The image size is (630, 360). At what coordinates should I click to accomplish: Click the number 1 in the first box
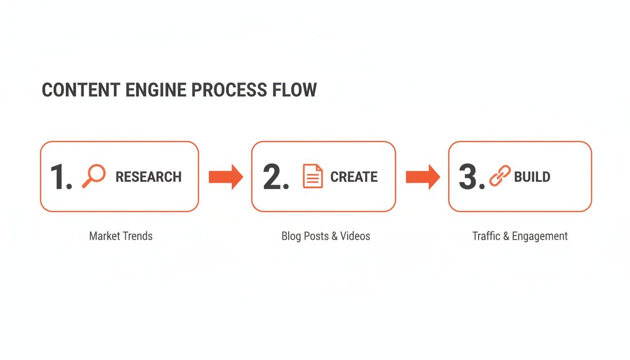60,177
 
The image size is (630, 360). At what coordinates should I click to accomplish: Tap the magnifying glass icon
94,176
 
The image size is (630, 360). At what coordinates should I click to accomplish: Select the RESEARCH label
149,177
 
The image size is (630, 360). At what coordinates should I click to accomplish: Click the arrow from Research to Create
225,177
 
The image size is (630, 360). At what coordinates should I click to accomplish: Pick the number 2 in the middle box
275,177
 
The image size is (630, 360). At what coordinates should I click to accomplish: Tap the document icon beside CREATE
313,176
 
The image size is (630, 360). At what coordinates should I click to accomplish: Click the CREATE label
354,177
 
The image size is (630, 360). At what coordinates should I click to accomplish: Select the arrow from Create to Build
422,177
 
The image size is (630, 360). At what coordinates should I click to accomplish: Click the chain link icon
500,176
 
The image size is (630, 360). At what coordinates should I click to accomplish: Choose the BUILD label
532,177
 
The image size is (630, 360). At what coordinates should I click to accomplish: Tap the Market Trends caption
121,236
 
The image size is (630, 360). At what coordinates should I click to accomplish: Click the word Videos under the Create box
355,236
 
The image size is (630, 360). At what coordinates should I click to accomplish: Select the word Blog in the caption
291,236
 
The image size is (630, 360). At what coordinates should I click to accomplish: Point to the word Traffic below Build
486,236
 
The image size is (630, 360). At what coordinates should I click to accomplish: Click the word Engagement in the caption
540,236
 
